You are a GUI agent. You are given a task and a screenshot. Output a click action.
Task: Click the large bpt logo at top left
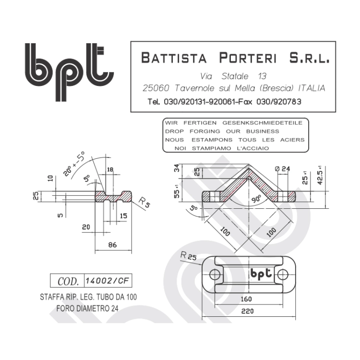(x=69, y=72)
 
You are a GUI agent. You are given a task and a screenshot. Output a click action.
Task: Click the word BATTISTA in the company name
(x=174, y=58)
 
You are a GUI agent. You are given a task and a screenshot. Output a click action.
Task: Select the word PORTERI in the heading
(x=248, y=58)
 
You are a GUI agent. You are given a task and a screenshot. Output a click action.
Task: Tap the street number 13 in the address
(x=262, y=76)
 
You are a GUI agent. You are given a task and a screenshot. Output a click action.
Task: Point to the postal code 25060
(x=156, y=88)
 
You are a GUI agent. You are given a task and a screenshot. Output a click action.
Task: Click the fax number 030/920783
(x=279, y=101)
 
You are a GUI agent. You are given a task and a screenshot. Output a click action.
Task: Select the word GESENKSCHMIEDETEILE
(x=263, y=123)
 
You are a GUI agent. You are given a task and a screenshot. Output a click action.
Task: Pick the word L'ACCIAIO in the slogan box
(x=253, y=148)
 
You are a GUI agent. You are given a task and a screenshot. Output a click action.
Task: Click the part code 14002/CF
(x=108, y=281)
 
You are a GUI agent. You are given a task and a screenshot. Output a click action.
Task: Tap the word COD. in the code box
(x=68, y=281)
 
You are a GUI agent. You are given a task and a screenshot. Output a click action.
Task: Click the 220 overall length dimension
(x=248, y=312)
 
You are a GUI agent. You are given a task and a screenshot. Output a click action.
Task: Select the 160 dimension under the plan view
(x=246, y=299)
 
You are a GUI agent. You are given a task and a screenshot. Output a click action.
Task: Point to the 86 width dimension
(x=112, y=245)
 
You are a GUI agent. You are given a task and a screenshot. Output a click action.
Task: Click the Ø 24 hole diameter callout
(x=282, y=169)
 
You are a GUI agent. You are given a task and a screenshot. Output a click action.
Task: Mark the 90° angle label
(x=256, y=199)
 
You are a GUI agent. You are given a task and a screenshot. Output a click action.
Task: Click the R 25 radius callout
(x=189, y=256)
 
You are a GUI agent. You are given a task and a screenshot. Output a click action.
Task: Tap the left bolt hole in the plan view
(x=215, y=275)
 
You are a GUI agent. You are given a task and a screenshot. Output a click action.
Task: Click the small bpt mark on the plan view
(x=261, y=274)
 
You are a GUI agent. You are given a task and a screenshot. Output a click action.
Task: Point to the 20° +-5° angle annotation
(x=74, y=164)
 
